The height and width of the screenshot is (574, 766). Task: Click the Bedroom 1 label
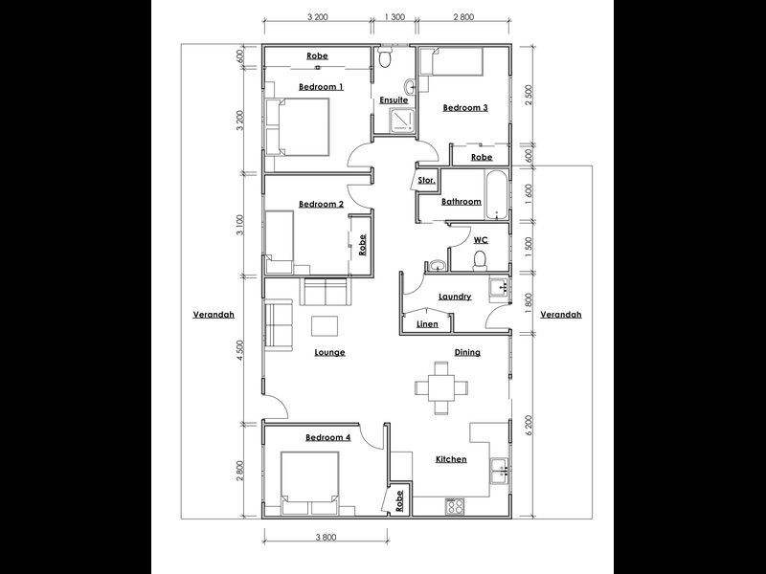click(321, 87)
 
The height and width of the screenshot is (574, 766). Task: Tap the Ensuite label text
click(394, 99)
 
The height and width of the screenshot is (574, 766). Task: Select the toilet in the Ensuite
click(385, 59)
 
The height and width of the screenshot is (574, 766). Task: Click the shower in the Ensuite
click(401, 120)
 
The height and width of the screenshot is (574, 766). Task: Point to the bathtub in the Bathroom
click(495, 195)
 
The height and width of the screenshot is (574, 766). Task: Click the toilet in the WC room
click(482, 261)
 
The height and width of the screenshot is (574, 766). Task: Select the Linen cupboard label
click(427, 324)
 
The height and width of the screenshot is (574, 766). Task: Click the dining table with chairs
click(441, 387)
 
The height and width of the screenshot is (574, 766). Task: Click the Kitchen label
click(451, 459)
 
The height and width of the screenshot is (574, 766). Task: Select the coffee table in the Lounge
click(325, 325)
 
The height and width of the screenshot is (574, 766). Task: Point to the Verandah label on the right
click(560, 314)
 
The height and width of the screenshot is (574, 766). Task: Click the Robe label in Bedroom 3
click(481, 157)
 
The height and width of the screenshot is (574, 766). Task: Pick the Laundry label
click(455, 297)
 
